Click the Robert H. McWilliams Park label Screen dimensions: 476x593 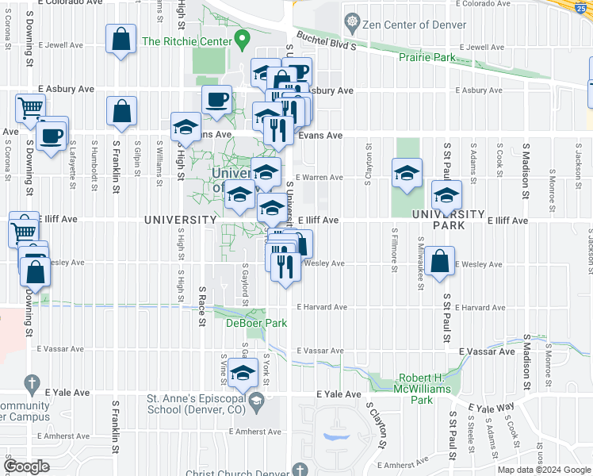tap(415, 389)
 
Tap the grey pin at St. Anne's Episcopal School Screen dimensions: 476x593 tap(257, 404)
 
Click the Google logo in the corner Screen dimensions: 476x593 tap(28, 466)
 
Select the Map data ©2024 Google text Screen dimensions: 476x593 tap(544, 470)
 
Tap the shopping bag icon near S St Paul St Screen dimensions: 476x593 tap(438, 262)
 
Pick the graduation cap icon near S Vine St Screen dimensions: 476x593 tap(243, 371)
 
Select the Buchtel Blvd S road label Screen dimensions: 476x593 tap(326, 40)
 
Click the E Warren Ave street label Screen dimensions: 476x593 tap(319, 178)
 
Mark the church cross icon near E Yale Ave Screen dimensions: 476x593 tap(31, 385)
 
